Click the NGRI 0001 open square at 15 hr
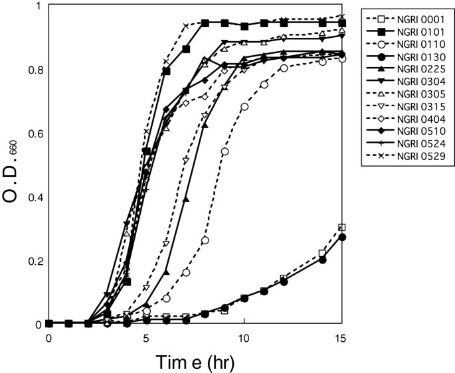click(342, 228)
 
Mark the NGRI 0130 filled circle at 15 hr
click(342, 237)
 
